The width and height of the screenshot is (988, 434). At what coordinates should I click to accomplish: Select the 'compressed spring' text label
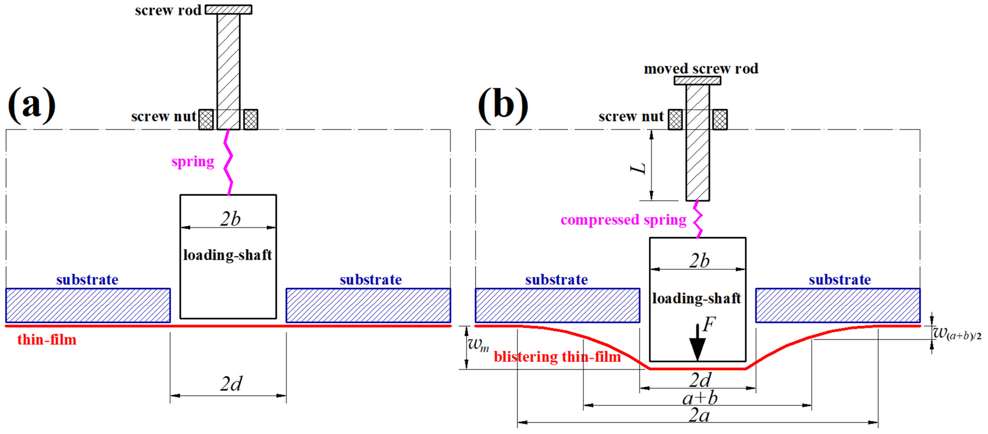coord(623,220)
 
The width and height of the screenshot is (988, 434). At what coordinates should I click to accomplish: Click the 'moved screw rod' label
coord(701,69)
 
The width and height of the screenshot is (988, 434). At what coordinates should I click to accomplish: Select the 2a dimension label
coord(699,415)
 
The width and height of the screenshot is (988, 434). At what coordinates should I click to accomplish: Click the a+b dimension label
coord(700,398)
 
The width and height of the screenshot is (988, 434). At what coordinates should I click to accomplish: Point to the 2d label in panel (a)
coord(231,383)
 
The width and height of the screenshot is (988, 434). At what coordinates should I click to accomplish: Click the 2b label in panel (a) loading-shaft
coord(230,219)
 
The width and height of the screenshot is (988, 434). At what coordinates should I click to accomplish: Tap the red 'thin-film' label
coord(47,340)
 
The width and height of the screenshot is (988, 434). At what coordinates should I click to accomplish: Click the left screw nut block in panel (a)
coord(206,120)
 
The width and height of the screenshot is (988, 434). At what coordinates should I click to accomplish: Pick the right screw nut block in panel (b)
coord(720,120)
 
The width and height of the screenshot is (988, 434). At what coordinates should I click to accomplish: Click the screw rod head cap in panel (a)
coord(229,10)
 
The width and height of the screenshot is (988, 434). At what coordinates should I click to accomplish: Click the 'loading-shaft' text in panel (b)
coord(696,298)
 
